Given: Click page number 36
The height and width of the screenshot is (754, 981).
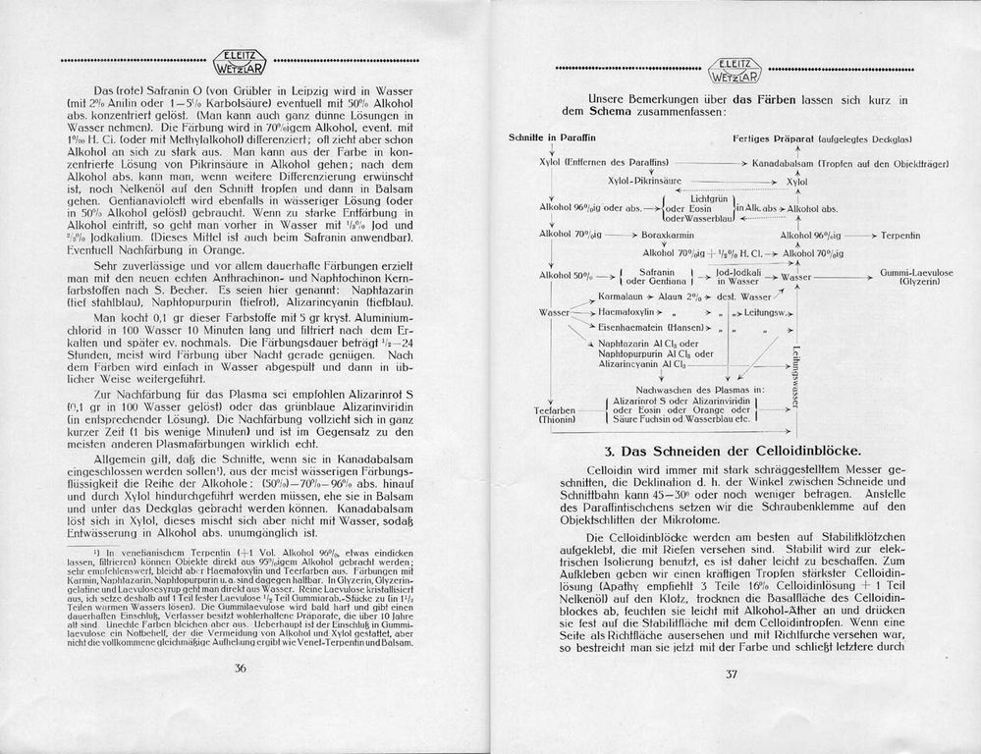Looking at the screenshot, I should [x=240, y=669].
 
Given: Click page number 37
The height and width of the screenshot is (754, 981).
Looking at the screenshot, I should [x=731, y=673].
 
